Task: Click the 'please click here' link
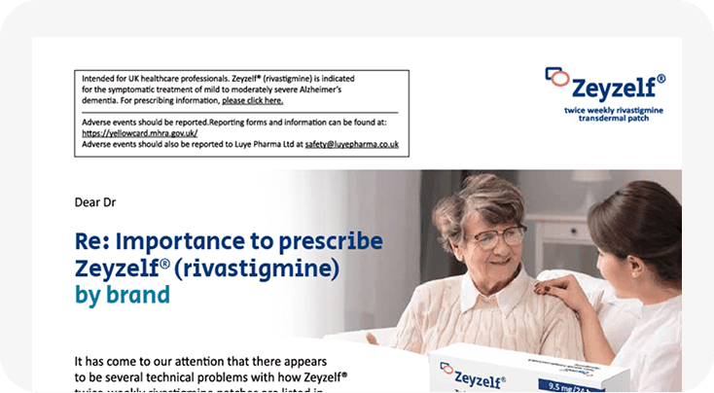click(252, 100)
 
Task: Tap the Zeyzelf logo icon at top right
click(555, 75)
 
